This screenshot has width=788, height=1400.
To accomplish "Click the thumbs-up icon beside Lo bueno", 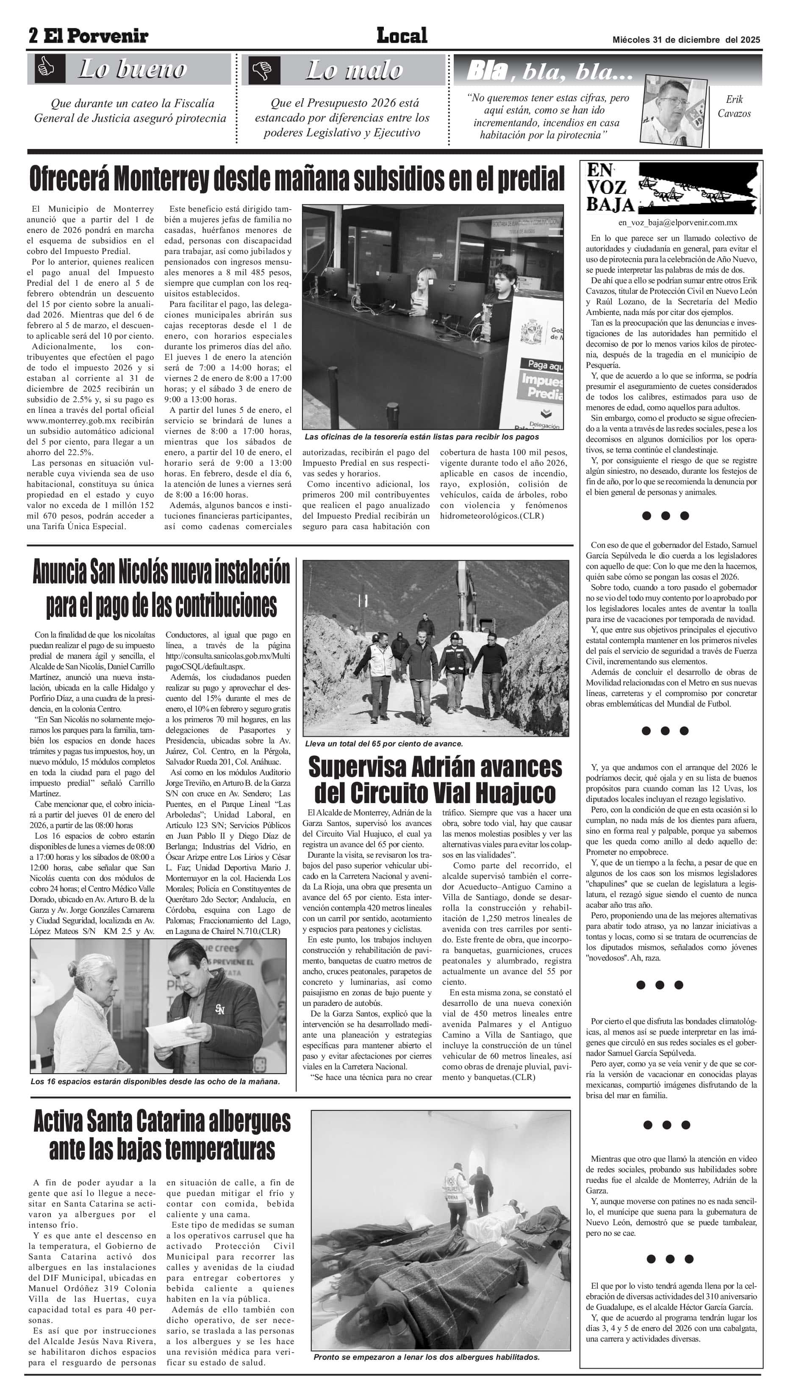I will (x=46, y=69).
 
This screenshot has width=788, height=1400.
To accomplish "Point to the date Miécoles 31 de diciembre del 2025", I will (x=686, y=40).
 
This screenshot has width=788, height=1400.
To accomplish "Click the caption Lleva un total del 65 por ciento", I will (x=383, y=743).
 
